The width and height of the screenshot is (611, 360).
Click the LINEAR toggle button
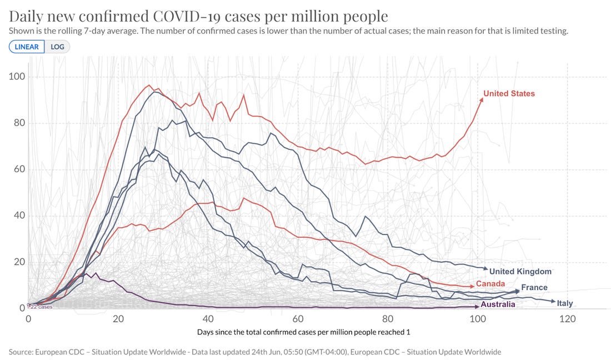click(27, 47)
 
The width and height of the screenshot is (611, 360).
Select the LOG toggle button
click(57, 47)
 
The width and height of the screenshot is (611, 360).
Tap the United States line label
click(509, 93)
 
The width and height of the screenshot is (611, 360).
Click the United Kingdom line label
click(520, 271)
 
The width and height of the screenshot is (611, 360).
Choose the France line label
click(534, 287)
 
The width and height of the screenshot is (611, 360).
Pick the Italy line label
click(565, 303)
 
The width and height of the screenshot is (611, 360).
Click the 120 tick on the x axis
click(567, 319)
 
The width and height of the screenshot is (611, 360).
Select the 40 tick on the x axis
click(208, 319)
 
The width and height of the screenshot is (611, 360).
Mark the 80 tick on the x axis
click(388, 319)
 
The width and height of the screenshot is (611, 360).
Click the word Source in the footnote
click(21, 352)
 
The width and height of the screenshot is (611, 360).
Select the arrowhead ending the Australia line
click(477, 306)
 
